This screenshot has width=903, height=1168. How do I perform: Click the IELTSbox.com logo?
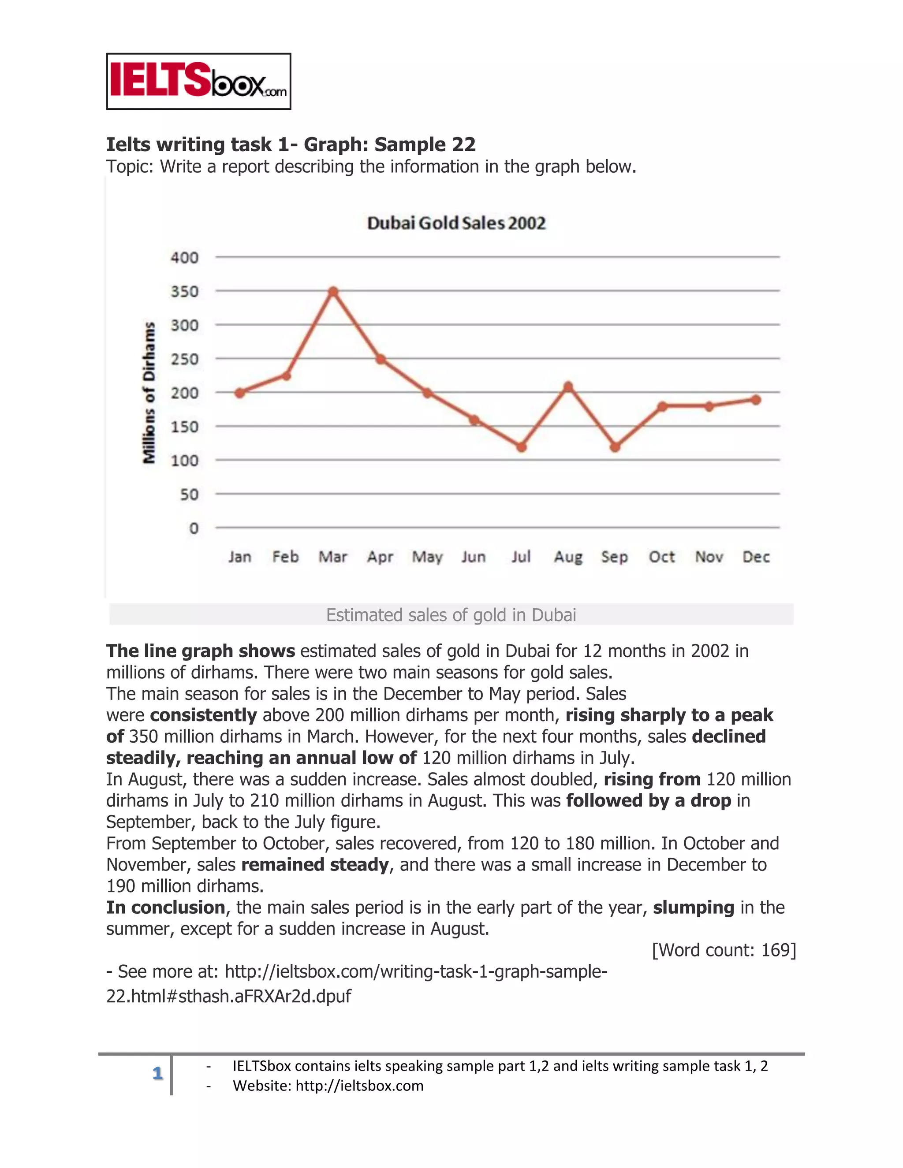(x=198, y=81)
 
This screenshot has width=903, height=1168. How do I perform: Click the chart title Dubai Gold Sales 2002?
(x=456, y=223)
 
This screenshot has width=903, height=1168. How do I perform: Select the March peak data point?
(x=333, y=291)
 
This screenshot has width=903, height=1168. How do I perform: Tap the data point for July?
(x=522, y=446)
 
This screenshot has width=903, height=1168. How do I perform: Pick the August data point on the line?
(x=568, y=386)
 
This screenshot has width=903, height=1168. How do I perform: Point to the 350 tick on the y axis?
(x=185, y=291)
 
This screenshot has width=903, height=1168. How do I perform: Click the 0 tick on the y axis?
(x=194, y=528)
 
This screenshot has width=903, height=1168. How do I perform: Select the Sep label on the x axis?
(x=614, y=557)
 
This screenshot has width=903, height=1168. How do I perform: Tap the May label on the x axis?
(x=427, y=557)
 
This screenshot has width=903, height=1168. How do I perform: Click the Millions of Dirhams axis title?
(x=149, y=393)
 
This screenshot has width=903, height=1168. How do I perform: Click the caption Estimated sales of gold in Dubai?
(x=451, y=615)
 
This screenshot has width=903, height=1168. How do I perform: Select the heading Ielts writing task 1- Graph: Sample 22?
(x=291, y=145)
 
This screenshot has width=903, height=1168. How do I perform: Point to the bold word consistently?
(x=203, y=715)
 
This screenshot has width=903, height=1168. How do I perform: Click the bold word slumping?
(x=693, y=908)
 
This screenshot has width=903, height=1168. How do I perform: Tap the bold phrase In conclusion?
(x=165, y=908)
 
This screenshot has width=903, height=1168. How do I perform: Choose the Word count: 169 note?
(x=724, y=950)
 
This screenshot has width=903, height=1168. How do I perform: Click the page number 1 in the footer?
(x=157, y=1073)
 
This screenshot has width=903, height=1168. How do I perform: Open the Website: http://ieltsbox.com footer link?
(x=328, y=1086)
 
